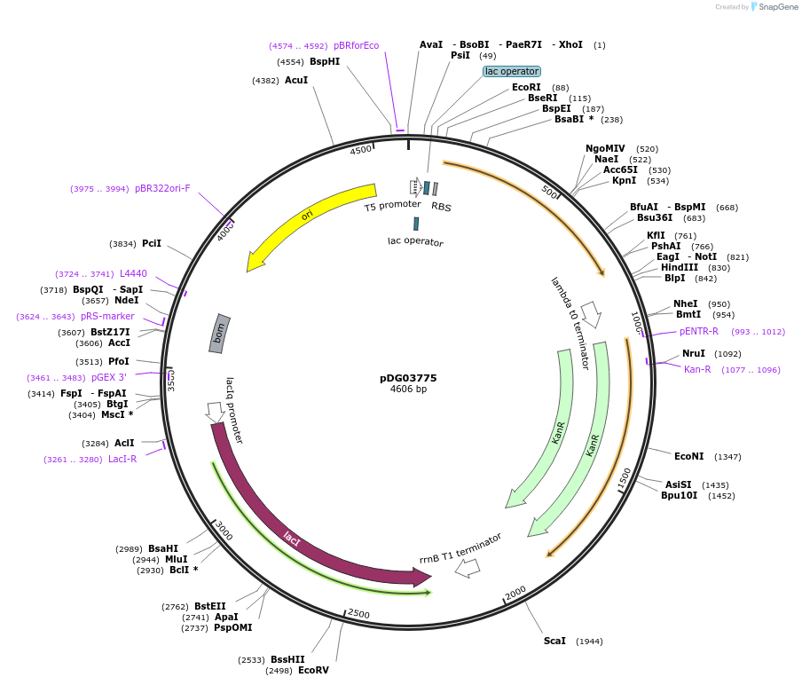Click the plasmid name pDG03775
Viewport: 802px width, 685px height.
pyautogui.click(x=408, y=378)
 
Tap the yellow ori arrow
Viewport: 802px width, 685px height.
pyautogui.click(x=306, y=216)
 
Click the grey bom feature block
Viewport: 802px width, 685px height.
pyautogui.click(x=219, y=334)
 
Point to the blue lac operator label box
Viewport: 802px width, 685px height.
pyautogui.click(x=512, y=71)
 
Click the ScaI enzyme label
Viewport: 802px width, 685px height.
pyautogui.click(x=554, y=641)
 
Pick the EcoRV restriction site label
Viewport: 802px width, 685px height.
pyautogui.click(x=313, y=671)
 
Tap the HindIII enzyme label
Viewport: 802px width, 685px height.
pyautogui.click(x=679, y=267)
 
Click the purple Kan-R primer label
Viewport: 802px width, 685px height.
pyautogui.click(x=697, y=369)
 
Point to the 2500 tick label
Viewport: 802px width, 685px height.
pyautogui.click(x=358, y=614)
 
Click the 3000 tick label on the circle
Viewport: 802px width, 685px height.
pyautogui.click(x=224, y=532)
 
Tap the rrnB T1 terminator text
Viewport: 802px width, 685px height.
pyautogui.click(x=460, y=547)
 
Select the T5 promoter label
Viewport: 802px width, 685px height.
pyautogui.click(x=392, y=205)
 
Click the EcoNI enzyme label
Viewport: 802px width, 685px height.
pyautogui.click(x=688, y=456)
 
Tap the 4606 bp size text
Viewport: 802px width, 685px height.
pyautogui.click(x=408, y=389)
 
